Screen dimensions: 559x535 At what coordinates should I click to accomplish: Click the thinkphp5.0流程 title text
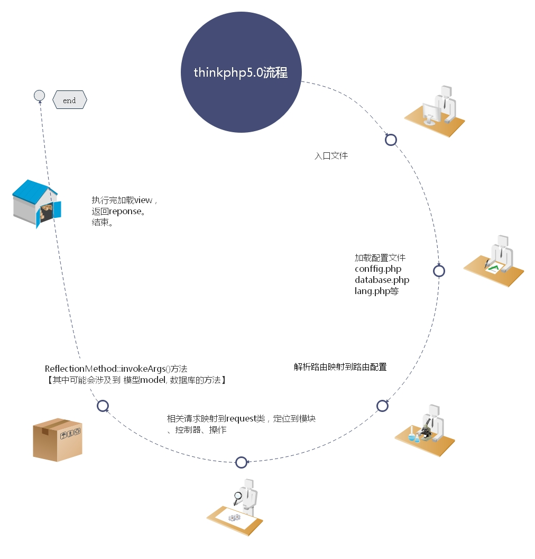241,72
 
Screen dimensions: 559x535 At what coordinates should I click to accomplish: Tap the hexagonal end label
69,100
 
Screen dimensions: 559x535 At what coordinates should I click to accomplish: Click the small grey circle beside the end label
39,96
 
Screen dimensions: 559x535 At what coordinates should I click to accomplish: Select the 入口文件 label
331,156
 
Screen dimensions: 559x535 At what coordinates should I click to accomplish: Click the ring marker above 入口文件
391,140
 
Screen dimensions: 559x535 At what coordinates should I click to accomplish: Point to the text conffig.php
378,269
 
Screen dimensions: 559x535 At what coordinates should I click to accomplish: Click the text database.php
382,279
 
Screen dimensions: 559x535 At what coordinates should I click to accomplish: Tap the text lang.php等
376,290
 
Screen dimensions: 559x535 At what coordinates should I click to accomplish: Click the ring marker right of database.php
439,271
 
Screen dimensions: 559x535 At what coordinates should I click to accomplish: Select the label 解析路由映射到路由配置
340,366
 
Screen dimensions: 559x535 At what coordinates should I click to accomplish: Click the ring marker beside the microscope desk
382,406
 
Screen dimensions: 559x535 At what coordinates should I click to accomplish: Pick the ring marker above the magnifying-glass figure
241,462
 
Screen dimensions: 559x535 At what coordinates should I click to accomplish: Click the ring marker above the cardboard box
103,406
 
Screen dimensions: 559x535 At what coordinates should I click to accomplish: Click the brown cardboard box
57,439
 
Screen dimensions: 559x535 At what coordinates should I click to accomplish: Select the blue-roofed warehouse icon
36,203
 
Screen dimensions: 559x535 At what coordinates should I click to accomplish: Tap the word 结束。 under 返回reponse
103,223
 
